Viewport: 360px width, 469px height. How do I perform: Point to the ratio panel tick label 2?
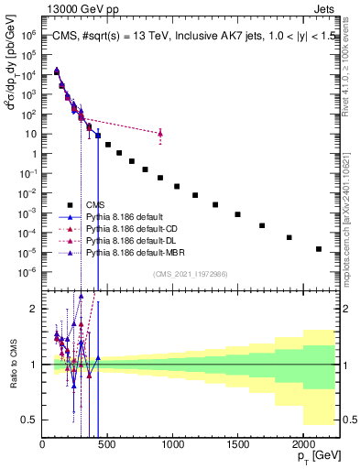point(33,309)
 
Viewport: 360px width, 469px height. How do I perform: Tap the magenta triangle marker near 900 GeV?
point(160,134)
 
